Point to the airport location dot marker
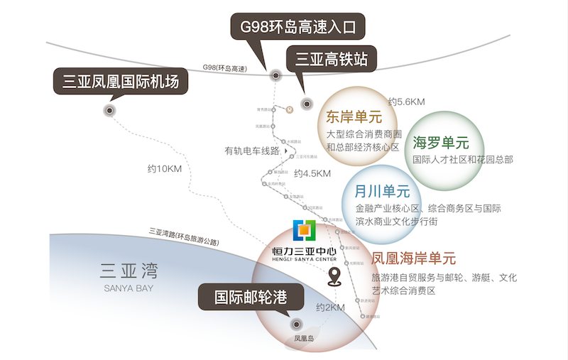pos(109,110)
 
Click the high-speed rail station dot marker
pos(307,104)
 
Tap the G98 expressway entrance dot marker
pos(273,75)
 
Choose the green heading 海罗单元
pos(441,143)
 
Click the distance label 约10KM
pos(165,169)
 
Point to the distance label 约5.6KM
pos(406,102)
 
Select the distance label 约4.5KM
pos(312,173)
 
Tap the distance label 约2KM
pos(330,307)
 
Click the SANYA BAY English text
pos(129,288)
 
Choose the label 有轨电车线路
pos(251,151)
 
